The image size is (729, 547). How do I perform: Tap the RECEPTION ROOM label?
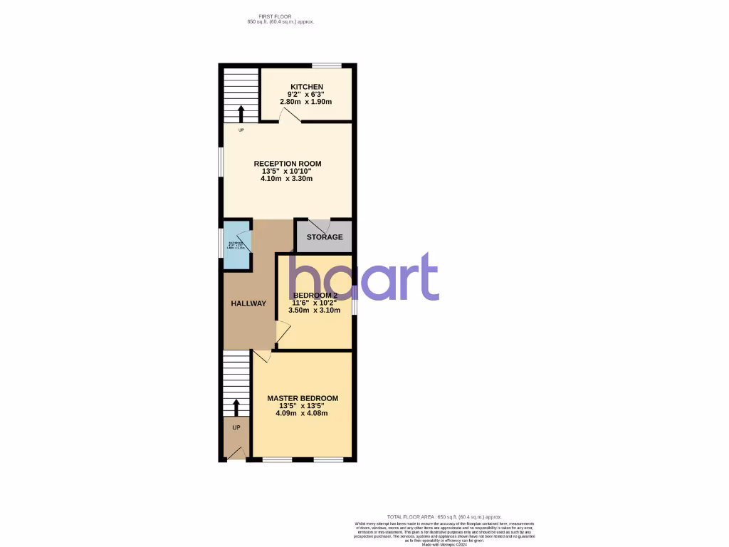pyautogui.click(x=288, y=164)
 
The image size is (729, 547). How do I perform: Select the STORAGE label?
pyautogui.click(x=325, y=237)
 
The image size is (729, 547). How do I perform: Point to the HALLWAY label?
pyautogui.click(x=248, y=303)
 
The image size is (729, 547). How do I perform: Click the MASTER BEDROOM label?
pyautogui.click(x=303, y=398)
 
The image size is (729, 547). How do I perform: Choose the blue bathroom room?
pyautogui.click(x=236, y=246)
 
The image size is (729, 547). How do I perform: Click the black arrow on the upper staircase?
pyautogui.click(x=241, y=113)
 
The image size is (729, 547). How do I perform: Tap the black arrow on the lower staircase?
pyautogui.click(x=236, y=407)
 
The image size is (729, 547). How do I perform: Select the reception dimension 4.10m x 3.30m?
pyautogui.click(x=288, y=179)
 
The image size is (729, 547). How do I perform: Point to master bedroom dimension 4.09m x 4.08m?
pyautogui.click(x=303, y=413)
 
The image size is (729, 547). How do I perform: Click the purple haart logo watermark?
pyautogui.click(x=364, y=278)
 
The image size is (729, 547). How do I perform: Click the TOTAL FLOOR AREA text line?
pyautogui.click(x=444, y=516)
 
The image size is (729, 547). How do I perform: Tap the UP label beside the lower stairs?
pyautogui.click(x=236, y=427)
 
